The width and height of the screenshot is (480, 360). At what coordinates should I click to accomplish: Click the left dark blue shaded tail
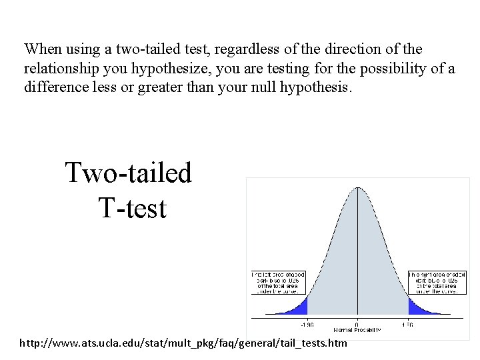coord(299,307)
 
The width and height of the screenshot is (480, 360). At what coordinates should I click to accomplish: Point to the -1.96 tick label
coord(306,325)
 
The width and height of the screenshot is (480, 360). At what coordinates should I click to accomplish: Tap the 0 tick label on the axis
coord(357,325)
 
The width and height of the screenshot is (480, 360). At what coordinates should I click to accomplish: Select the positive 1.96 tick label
coord(407,325)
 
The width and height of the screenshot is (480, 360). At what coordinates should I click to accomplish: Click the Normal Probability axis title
coord(357,330)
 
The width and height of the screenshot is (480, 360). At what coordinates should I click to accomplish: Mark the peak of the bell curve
coord(357,188)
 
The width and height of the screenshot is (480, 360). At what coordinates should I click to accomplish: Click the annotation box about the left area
coord(278,283)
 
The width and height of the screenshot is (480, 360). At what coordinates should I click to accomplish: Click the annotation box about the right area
coord(437,283)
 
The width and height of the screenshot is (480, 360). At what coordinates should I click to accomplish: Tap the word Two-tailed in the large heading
coord(128,173)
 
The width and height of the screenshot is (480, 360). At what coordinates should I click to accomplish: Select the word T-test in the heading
coord(132,208)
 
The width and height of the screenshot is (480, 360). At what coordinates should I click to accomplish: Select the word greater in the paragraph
coord(159,87)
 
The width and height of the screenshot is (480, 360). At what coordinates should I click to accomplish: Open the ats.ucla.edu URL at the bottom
coord(183,343)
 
